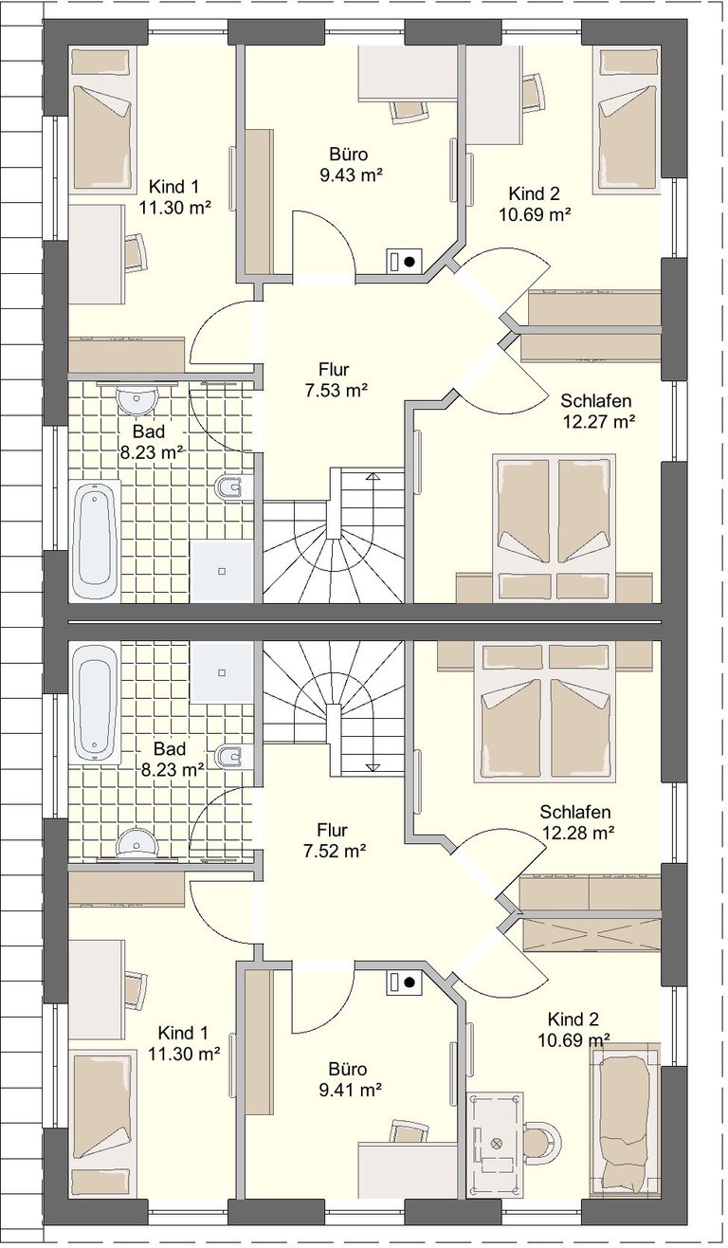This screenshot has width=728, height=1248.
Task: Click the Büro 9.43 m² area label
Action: (x=350, y=164)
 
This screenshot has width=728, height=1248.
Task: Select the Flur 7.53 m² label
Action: (x=336, y=380)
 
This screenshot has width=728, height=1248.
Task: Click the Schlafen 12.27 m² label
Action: (x=597, y=412)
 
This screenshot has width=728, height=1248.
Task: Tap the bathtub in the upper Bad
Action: (x=94, y=540)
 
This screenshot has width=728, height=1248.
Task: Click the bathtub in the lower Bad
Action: (x=94, y=703)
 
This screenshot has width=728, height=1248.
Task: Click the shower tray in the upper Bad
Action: (x=222, y=571)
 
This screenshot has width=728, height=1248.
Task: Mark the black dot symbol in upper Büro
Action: (x=409, y=261)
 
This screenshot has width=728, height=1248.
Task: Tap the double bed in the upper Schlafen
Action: (x=555, y=527)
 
